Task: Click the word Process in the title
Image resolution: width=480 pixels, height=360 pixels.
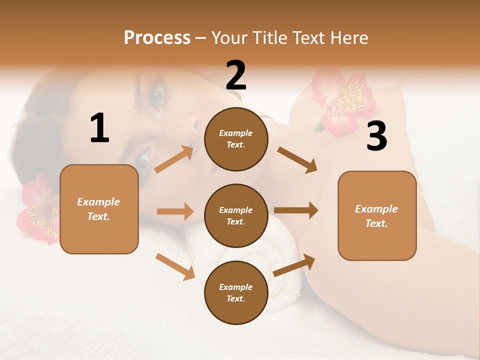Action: click(157, 38)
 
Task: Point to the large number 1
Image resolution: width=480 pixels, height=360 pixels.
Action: click(99, 128)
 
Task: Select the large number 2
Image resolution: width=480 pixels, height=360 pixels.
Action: click(236, 75)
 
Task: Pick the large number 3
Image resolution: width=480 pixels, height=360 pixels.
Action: click(376, 136)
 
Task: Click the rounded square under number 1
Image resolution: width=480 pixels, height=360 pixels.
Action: click(99, 209)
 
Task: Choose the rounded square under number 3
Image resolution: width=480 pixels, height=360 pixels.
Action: click(377, 215)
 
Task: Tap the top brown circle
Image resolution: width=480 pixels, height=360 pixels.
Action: click(236, 139)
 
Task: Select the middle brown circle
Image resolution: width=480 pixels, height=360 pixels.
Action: click(236, 215)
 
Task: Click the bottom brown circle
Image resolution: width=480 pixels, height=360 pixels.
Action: click(236, 292)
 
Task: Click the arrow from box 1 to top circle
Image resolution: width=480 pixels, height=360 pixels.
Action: click(174, 159)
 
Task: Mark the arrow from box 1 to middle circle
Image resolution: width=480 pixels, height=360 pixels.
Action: click(175, 211)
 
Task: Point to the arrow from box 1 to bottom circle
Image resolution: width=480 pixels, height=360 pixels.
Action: click(175, 266)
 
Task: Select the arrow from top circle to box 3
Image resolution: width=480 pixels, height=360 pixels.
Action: click(297, 159)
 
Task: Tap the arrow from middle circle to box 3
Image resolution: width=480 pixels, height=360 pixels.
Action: click(296, 210)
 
